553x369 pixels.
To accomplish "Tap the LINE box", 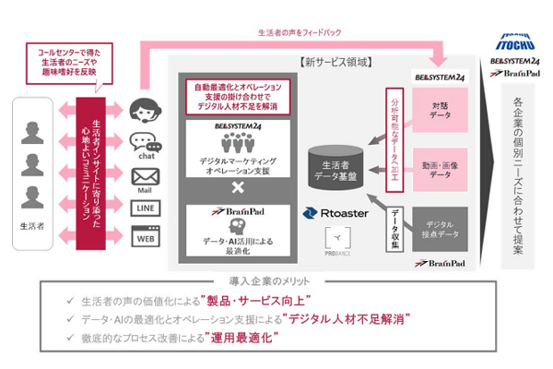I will tap(146, 208).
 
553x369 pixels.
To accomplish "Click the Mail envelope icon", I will tap(146, 175).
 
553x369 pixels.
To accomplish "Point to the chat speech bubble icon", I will tap(146, 141).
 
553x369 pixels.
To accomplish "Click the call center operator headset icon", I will tap(145, 108).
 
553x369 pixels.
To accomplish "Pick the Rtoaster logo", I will tap(337, 212).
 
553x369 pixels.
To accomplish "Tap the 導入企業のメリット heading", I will tap(276, 279).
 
